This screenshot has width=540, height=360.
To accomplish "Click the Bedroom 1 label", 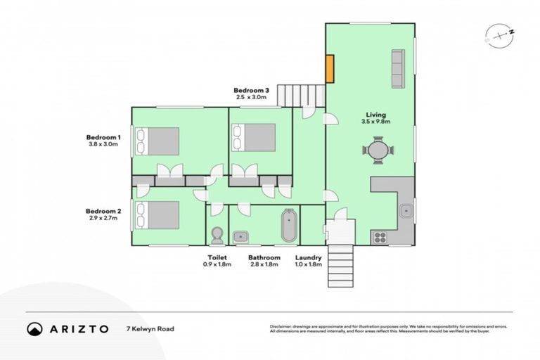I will tap(104, 137).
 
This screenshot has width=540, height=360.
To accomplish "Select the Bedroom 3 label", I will tap(252, 91).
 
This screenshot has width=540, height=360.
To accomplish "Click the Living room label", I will tap(375, 114).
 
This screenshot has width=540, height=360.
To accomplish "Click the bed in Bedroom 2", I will tap(157, 214).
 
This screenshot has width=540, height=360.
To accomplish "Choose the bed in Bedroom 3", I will tap(253, 136).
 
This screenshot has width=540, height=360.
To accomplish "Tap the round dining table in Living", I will tap(378, 150).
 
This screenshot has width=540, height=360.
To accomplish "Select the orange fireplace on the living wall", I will tap(328, 67).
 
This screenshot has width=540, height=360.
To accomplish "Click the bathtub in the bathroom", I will tap(289, 225).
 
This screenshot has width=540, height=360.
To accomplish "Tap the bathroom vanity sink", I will tap(239, 236).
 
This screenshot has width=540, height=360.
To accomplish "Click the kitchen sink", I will tap(406, 210).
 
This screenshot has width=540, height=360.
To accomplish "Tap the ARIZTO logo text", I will tap(77, 329).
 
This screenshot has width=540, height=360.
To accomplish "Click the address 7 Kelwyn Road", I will tap(150, 329).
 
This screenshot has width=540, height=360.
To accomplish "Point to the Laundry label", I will tap(308, 257).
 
